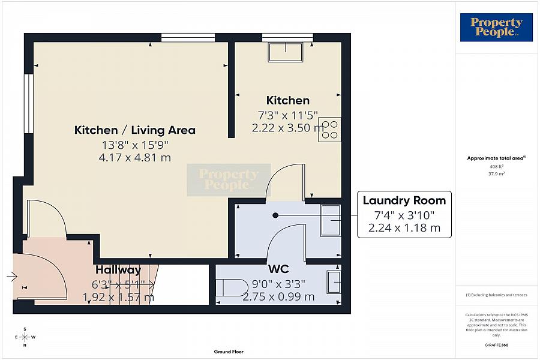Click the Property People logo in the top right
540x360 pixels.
click(x=496, y=28)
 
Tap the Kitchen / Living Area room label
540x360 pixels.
click(x=135, y=130)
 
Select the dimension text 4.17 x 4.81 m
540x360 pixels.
click(x=135, y=158)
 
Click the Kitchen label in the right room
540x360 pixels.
click(x=288, y=100)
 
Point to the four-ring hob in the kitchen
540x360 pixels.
click(x=329, y=130)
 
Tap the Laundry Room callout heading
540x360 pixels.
click(x=404, y=200)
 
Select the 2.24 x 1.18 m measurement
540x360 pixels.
click(x=404, y=228)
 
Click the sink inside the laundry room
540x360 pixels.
click(x=331, y=220)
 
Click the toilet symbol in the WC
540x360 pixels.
click(x=230, y=288)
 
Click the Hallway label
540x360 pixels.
click(x=118, y=270)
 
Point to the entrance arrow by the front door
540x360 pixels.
click(x=12, y=277)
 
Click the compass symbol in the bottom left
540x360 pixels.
click(x=24, y=337)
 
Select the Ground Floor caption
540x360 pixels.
click(x=229, y=352)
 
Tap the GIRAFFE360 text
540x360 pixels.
click(x=496, y=345)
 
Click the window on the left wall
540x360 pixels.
click(x=28, y=103)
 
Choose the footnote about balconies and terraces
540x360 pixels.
click(x=496, y=295)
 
